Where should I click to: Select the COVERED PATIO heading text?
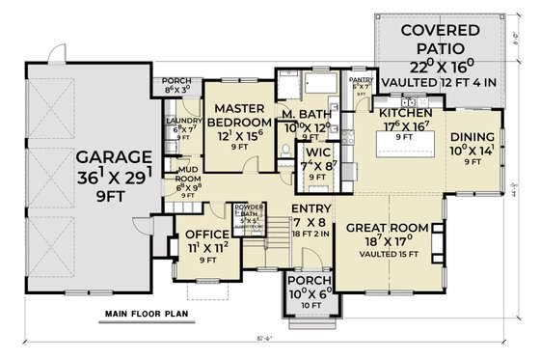tap(446, 38)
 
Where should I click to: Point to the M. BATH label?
tap(306, 116)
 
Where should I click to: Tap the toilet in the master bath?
tap(286, 150)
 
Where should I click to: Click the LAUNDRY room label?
tap(182, 122)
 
